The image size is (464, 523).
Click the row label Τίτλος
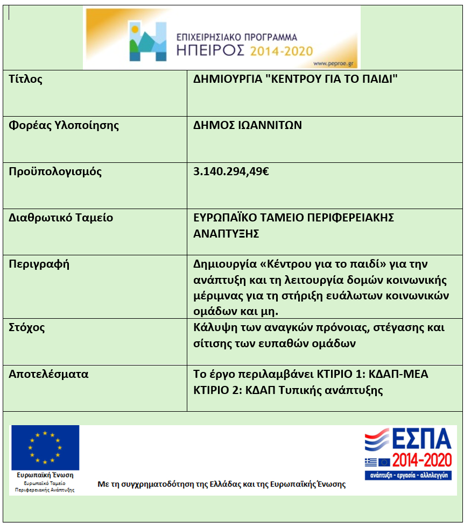tap(26, 80)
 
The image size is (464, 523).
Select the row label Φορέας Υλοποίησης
tap(64, 126)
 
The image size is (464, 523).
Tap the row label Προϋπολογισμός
tap(55, 172)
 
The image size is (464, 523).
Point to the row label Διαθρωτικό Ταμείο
tap(61, 218)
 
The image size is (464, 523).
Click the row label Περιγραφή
tap(39, 264)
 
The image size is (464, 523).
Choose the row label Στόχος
tap(27, 327)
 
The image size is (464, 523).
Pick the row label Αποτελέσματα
tap(48, 374)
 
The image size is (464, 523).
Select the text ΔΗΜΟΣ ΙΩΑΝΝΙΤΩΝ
tap(248, 126)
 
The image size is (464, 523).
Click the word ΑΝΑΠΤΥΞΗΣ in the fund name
tap(226, 234)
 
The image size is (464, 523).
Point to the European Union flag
tap(45, 447)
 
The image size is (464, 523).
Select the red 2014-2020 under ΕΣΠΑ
tap(422, 461)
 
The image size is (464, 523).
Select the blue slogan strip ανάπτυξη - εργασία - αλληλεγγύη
tap(408, 476)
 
